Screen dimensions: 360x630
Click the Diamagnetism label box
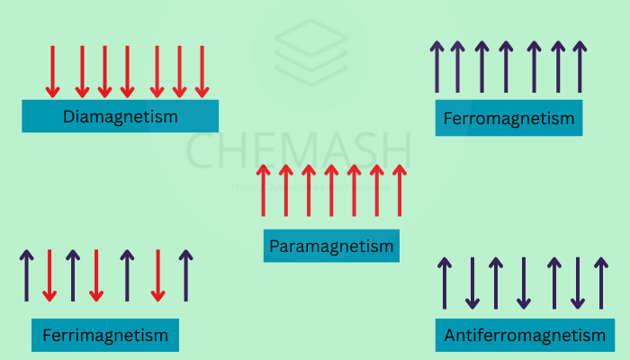coord(120,116)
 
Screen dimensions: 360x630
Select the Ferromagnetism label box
coord(508,119)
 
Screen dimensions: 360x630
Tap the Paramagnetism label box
coord(331,246)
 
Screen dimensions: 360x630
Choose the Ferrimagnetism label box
coord(105,336)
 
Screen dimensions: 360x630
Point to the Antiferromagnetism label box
coord(525,336)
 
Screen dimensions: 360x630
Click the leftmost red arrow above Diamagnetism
coord(52,71)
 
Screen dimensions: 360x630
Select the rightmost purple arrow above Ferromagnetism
coord(581,67)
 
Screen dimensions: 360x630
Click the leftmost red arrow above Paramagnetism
coord(264,190)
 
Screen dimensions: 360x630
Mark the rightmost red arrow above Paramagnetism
coord(399,190)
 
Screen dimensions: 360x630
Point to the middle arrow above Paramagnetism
coord(331,190)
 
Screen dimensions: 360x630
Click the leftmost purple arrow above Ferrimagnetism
coord(27,275)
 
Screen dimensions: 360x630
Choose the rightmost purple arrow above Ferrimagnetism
coord(185,275)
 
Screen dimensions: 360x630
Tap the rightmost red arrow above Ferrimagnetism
coord(157,275)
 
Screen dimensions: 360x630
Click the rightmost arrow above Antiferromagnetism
coord(600,283)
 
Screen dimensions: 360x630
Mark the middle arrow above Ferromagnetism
coord(507,67)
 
